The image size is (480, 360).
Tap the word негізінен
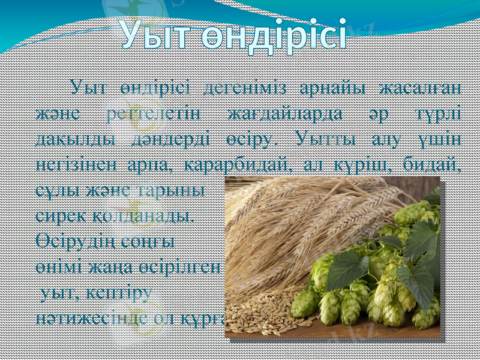coord(74,166)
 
